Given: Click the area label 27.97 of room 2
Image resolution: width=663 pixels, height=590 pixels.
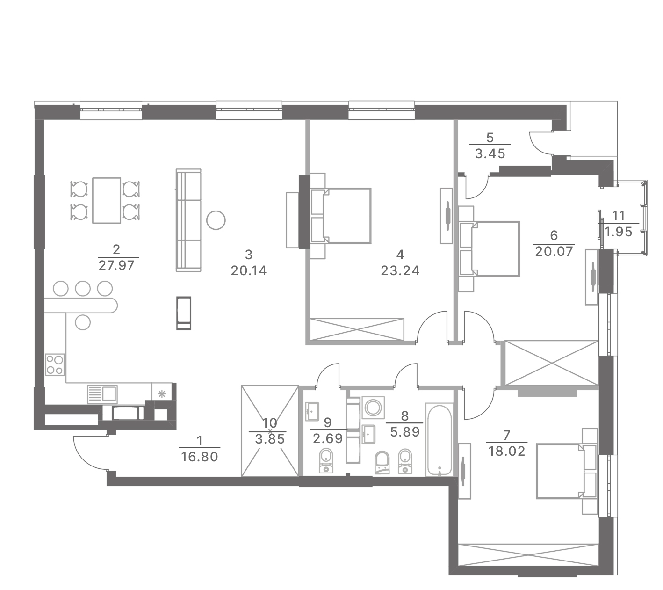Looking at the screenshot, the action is click(x=116, y=266).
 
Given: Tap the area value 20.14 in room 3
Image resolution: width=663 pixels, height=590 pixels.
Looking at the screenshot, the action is click(x=248, y=270).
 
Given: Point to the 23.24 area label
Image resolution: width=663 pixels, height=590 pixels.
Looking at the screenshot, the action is click(x=400, y=270).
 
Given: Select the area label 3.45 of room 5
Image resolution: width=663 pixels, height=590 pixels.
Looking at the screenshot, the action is click(x=490, y=153).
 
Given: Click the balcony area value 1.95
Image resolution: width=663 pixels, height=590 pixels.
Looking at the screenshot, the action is click(x=618, y=232).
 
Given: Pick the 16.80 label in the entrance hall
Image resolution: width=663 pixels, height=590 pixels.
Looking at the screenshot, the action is click(x=199, y=457).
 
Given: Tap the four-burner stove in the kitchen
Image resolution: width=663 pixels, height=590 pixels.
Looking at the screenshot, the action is click(x=55, y=364).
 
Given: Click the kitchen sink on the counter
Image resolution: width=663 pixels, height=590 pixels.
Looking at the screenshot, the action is click(x=102, y=393).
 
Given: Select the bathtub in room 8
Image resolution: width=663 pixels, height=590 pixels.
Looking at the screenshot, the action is click(x=439, y=439).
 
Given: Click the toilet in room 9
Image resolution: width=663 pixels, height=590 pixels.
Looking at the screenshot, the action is click(x=325, y=461).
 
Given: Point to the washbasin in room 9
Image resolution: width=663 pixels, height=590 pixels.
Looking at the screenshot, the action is click(x=312, y=412).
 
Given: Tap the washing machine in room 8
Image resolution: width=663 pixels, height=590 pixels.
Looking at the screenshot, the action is click(x=373, y=408).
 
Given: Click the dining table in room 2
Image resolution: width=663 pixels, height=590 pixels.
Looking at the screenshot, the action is click(x=106, y=200).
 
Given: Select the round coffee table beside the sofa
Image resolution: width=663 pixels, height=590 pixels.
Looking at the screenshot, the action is click(x=216, y=220).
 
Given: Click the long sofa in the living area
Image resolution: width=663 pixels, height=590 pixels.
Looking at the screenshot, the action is click(x=188, y=220).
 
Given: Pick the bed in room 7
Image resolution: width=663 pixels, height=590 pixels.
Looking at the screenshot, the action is click(x=567, y=471).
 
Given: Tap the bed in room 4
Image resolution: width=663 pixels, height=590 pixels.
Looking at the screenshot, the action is click(x=340, y=216).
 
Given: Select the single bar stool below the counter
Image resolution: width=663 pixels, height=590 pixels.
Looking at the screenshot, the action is click(x=82, y=323).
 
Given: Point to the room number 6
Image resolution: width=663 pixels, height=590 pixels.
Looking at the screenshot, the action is click(x=554, y=235).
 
